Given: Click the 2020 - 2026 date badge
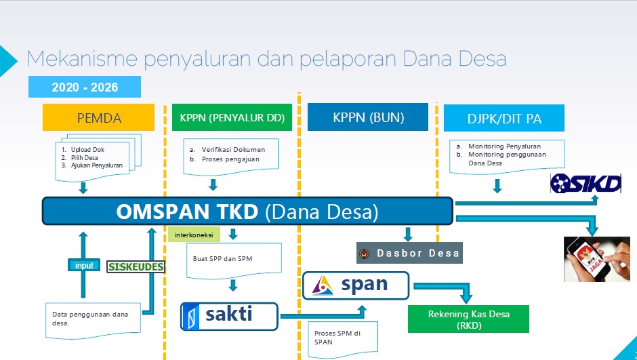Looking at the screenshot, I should pyautogui.click(x=85, y=87).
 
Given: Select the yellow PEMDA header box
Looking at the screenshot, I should pyautogui.click(x=99, y=117).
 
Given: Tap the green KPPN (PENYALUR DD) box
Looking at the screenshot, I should pyautogui.click(x=232, y=117).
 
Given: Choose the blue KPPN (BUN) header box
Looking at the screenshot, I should pyautogui.click(x=368, y=117).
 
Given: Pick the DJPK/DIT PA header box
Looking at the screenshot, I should pyautogui.click(x=505, y=118).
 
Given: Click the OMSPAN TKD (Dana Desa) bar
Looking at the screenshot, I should pyautogui.click(x=247, y=212).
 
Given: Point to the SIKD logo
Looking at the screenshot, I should pyautogui.click(x=585, y=183).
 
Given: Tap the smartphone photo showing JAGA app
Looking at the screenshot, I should pyautogui.click(x=588, y=258).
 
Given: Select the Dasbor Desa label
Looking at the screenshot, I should pyautogui.click(x=409, y=253).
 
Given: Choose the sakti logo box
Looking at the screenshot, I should pyautogui.click(x=229, y=315).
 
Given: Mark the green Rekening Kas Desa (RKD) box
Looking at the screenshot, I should pyautogui.click(x=468, y=319).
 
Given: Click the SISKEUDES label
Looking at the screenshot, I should pyautogui.click(x=136, y=266).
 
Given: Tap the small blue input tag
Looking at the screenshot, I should pyautogui.click(x=84, y=266).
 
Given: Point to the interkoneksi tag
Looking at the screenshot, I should pyautogui.click(x=194, y=235).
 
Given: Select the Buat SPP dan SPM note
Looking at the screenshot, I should pyautogui.click(x=232, y=258).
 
